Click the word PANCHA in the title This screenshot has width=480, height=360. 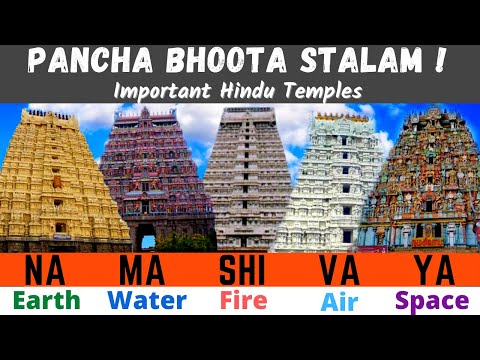coord(88,59)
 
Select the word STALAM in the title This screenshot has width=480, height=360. coord(350,59)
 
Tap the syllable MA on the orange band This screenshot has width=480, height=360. coord(143,271)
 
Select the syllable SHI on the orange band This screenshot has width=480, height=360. coord(240,271)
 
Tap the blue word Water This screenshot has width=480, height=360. coord(145,300)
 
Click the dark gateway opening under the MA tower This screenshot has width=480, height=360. coord(145,237)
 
